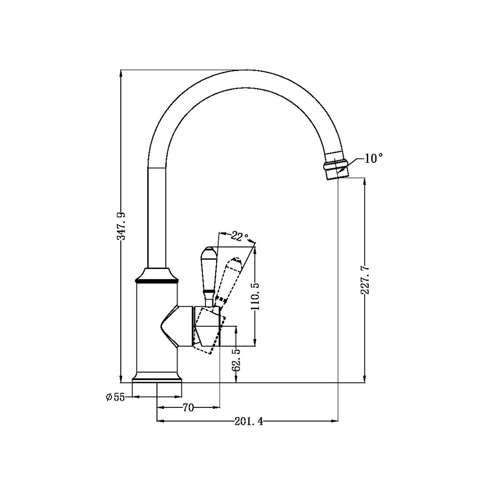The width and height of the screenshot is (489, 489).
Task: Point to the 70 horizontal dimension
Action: (x=188, y=407)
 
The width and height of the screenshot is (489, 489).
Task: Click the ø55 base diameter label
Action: (x=115, y=397)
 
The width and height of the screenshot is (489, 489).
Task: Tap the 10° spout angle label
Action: (x=373, y=158)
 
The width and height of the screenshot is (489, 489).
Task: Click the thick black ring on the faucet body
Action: (x=156, y=281)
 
